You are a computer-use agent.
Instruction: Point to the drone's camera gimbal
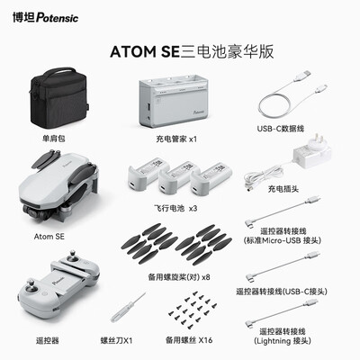(40, 211)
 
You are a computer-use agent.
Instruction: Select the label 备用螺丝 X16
(187, 341)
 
